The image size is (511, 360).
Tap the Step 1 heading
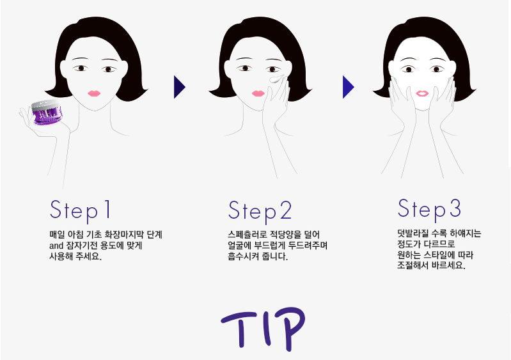point(80,211)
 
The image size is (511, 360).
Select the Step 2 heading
point(260,212)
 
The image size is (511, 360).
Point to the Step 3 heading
point(429,210)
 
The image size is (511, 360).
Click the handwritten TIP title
point(263,329)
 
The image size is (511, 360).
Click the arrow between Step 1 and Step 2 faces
point(180,87)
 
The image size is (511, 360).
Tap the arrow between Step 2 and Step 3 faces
point(349,87)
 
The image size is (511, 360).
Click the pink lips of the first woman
point(94,93)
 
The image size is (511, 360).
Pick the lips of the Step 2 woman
point(258,93)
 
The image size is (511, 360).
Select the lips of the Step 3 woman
point(422,93)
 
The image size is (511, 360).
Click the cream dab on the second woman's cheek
point(276,79)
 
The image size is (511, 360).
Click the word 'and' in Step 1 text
point(56,246)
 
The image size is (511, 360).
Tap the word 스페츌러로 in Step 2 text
point(248,235)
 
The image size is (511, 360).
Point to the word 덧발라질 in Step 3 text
point(413,233)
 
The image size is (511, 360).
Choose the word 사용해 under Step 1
point(61,256)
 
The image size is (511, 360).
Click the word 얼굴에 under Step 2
point(240,246)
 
